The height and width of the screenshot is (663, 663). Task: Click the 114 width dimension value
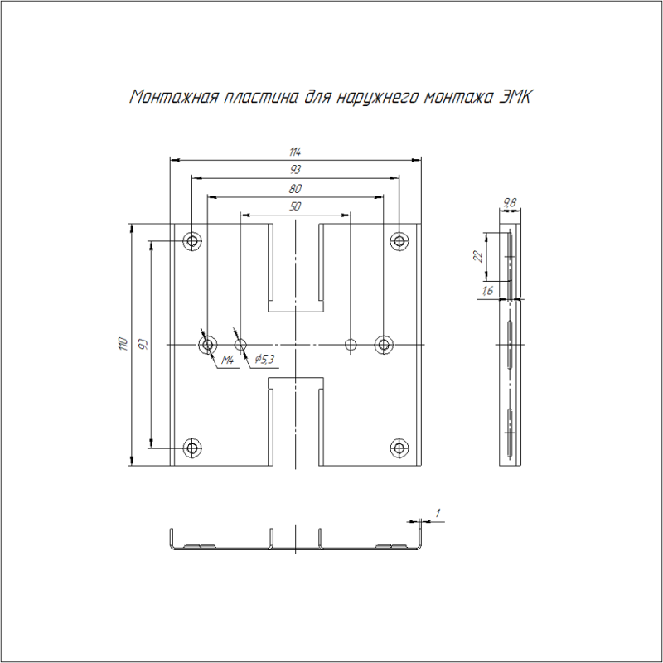pos(295,152)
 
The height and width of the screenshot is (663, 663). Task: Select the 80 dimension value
pos(295,189)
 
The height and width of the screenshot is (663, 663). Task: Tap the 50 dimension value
pos(295,206)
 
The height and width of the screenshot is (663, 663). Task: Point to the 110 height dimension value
pos(123,344)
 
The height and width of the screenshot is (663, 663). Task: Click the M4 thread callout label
pos(227,360)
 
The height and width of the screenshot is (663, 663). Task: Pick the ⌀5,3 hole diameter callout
pos(264,359)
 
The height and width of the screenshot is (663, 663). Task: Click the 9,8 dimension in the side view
pos(510,203)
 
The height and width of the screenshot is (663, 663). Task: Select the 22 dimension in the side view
pos(478,256)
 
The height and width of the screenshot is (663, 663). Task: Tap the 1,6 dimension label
pos(487,291)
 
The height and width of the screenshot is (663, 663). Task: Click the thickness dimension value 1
pos(438,513)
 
